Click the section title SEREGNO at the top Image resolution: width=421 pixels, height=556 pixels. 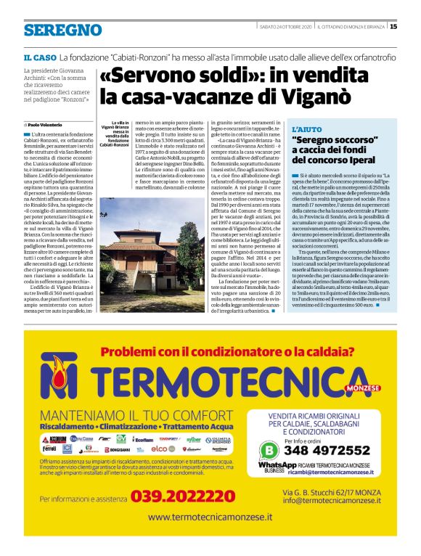point(62,30)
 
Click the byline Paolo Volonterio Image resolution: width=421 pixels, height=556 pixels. point(46,125)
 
